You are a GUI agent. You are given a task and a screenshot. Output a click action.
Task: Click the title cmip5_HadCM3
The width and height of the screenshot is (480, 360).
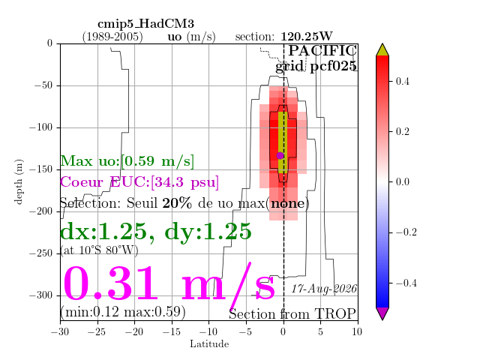click(145, 24)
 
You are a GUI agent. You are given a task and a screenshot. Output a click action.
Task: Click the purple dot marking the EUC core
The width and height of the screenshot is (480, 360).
click(280, 155)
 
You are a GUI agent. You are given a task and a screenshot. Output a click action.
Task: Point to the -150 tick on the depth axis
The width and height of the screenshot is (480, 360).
click(58, 169)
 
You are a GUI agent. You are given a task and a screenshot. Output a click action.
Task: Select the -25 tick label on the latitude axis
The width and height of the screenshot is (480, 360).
click(97, 331)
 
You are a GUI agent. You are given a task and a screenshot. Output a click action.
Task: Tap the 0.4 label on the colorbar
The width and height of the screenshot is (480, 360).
click(402, 81)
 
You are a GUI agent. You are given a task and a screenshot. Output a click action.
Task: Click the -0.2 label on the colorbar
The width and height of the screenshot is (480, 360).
click(406, 232)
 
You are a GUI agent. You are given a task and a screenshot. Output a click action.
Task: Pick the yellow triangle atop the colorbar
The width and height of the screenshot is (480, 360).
click(382, 49)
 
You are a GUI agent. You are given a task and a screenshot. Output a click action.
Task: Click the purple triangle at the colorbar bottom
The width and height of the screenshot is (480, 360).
click(382, 313)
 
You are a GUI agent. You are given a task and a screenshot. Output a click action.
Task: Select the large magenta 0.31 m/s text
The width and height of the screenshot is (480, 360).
click(169, 284)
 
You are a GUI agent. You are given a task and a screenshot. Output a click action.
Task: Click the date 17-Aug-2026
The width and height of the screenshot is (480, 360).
click(324, 289)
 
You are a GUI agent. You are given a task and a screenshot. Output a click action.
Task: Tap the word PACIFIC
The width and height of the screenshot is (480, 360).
click(322, 50)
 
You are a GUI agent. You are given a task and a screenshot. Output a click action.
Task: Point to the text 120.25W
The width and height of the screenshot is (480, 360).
click(307, 37)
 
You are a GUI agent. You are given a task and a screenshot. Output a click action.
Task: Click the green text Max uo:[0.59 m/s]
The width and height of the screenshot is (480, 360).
click(127, 161)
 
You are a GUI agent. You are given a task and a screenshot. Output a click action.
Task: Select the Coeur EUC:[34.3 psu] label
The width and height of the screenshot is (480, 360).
click(139, 181)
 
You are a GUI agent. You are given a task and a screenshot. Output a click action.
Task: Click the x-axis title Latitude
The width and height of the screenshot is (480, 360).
click(209, 344)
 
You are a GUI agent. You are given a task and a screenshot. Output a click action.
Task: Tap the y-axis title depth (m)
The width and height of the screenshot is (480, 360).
click(19, 181)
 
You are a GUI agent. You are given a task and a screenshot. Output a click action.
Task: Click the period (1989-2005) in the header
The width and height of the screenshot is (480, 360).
click(112, 37)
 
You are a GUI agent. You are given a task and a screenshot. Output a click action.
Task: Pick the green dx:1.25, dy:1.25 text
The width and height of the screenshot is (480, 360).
click(156, 232)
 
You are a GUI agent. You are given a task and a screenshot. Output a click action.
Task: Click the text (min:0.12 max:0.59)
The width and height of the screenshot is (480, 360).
click(123, 312)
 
